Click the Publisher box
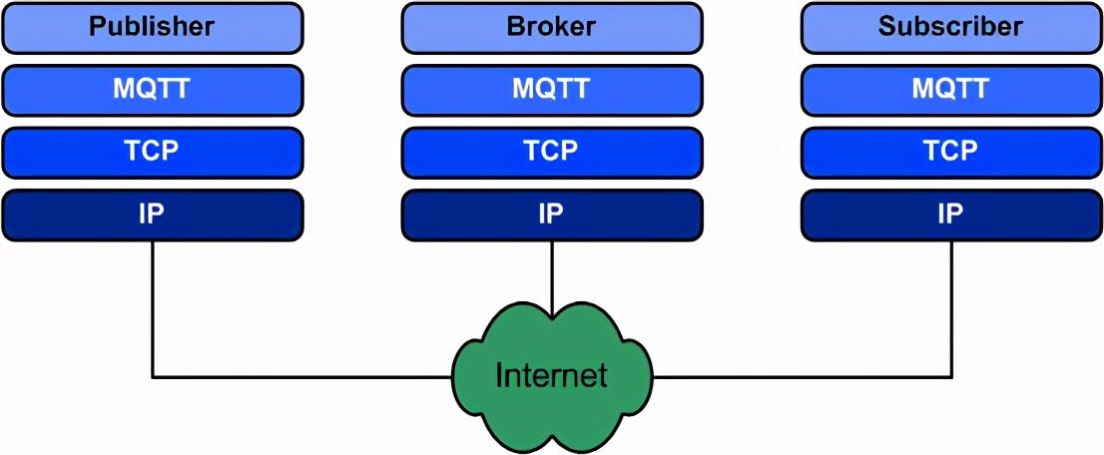click(x=152, y=28)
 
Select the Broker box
click(x=551, y=28)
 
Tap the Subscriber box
click(x=950, y=28)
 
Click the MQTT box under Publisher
click(x=152, y=90)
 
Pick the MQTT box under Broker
click(x=551, y=90)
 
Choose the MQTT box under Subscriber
click(x=950, y=90)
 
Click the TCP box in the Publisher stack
click(x=152, y=152)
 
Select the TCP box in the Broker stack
click(x=551, y=152)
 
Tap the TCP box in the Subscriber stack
click(x=950, y=152)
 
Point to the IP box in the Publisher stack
click(x=152, y=215)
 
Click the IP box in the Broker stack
click(x=551, y=215)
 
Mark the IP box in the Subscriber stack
click(x=950, y=215)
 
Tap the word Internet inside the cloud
click(x=551, y=376)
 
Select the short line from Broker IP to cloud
click(x=552, y=269)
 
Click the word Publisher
click(x=152, y=27)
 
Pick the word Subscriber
click(x=950, y=27)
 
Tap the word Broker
click(x=551, y=27)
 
